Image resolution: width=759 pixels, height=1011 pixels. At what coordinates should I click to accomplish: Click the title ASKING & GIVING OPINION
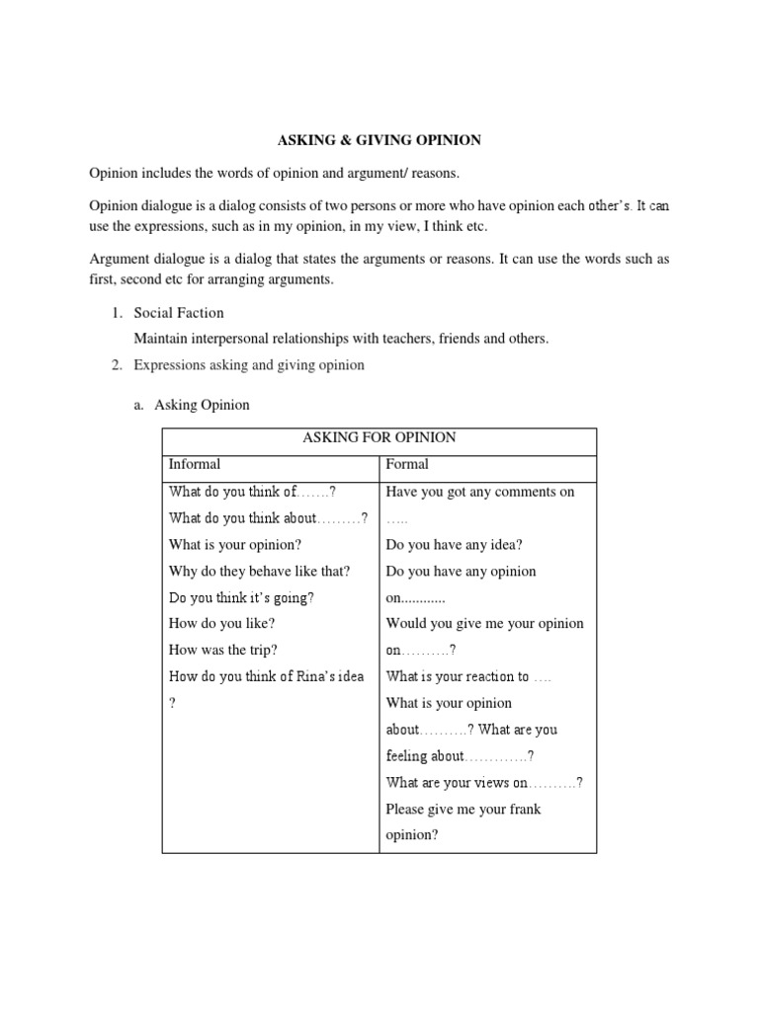pyautogui.click(x=379, y=140)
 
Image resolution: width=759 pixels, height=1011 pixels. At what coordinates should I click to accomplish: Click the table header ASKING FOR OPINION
pyautogui.click(x=379, y=437)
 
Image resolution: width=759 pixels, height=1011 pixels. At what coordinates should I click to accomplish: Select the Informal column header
pyautogui.click(x=195, y=464)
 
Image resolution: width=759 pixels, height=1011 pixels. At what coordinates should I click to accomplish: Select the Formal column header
pyautogui.click(x=407, y=464)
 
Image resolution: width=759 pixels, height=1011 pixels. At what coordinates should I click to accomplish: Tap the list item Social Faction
pyautogui.click(x=179, y=313)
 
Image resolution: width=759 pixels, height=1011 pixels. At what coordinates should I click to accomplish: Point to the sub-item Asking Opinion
pyautogui.click(x=202, y=405)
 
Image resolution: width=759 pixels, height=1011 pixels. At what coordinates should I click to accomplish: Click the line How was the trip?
pyautogui.click(x=223, y=650)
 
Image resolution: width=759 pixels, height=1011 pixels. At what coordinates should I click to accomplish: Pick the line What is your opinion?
pyautogui.click(x=235, y=544)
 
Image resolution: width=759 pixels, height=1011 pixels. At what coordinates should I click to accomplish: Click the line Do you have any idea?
pyautogui.click(x=454, y=544)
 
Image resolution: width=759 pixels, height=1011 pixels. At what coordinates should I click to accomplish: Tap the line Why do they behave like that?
pyautogui.click(x=260, y=571)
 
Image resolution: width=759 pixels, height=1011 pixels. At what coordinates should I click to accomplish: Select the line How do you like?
pyautogui.click(x=221, y=624)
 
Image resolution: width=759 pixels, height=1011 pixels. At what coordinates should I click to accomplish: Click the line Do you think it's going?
pyautogui.click(x=242, y=597)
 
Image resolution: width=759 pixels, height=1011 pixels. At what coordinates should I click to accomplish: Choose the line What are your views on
pyautogui.click(x=458, y=783)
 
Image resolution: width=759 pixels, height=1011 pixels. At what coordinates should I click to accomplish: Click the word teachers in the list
pyautogui.click(x=431, y=339)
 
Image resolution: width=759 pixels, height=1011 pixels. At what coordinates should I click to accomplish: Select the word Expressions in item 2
pyautogui.click(x=168, y=365)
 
